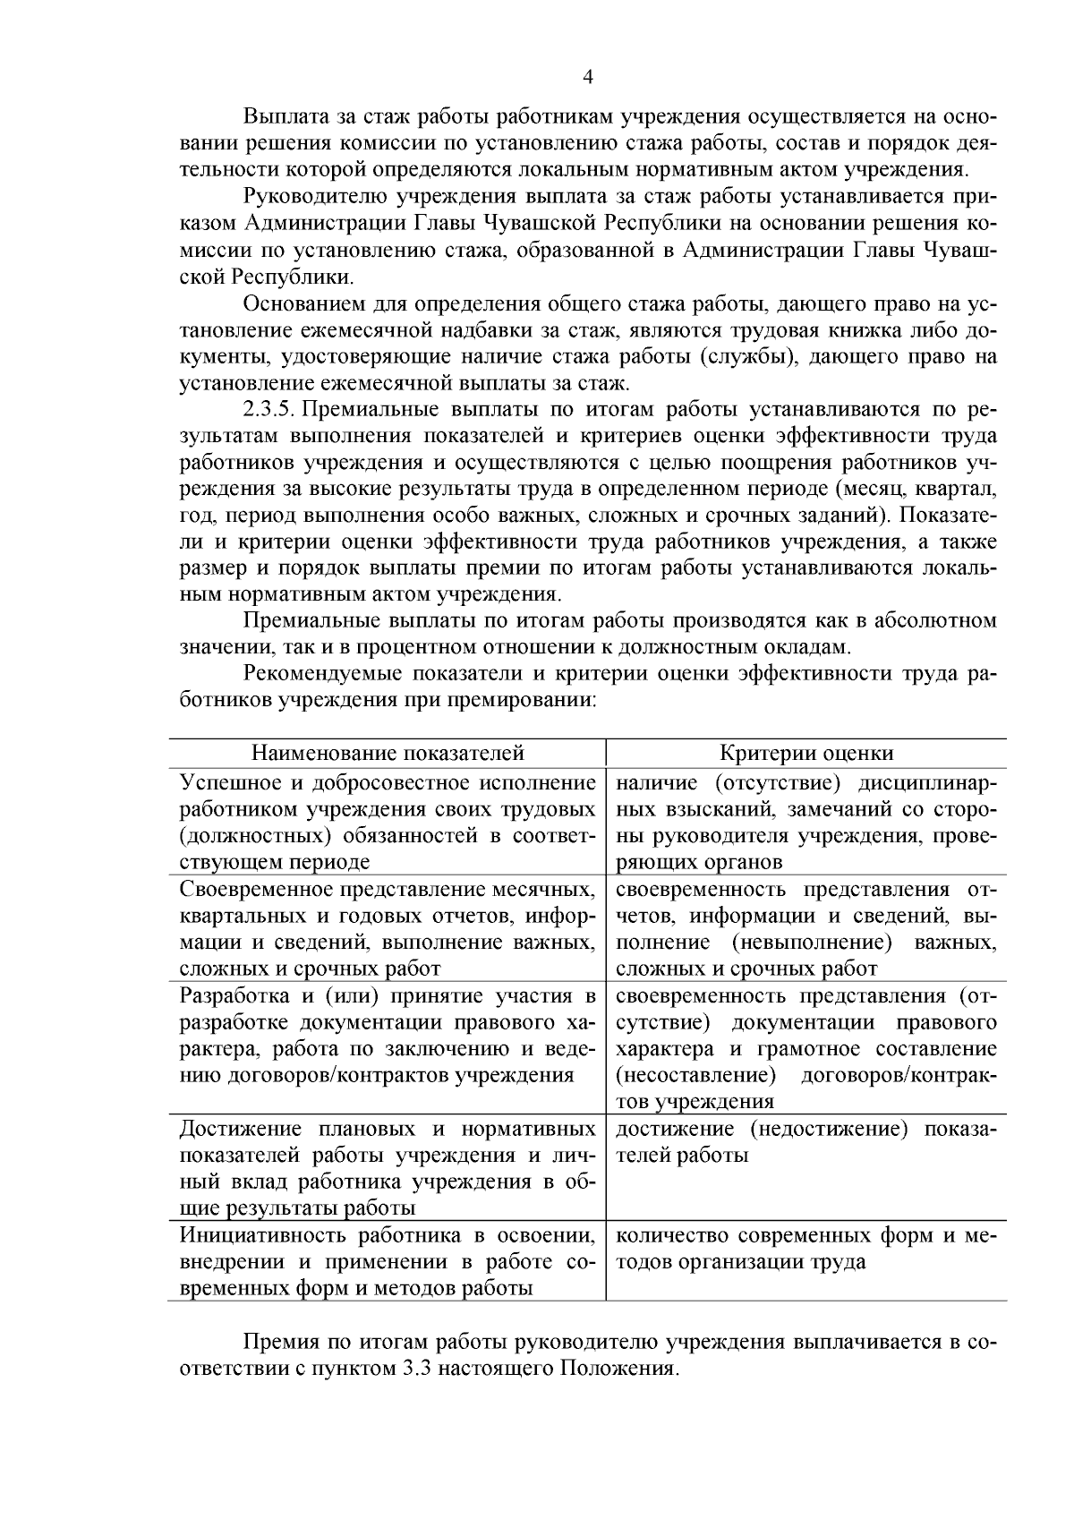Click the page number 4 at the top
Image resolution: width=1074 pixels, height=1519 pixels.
[588, 78]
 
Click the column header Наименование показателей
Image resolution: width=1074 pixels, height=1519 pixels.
[387, 754]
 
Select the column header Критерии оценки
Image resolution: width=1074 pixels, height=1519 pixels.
[806, 754]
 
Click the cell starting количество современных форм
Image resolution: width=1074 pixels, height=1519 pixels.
[806, 1249]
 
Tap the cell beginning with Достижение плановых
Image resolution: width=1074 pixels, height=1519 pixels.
[387, 1167]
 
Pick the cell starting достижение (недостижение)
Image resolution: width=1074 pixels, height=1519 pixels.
[806, 1141]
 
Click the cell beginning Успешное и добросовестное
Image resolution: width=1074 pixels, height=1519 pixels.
[387, 822]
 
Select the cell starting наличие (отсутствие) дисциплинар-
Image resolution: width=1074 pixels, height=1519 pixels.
[806, 822]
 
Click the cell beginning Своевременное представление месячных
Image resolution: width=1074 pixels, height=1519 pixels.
[387, 928]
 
